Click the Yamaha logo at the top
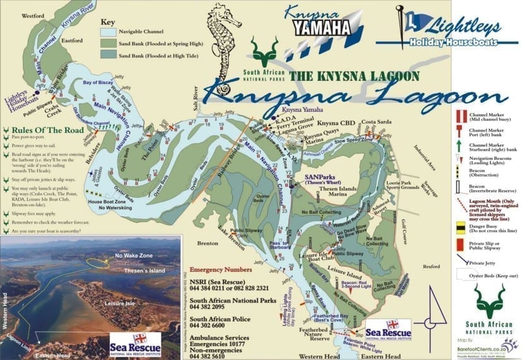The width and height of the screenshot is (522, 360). point(321,27)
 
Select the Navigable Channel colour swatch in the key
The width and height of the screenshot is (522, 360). point(111,30)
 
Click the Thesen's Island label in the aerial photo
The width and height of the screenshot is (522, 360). point(143,270)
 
